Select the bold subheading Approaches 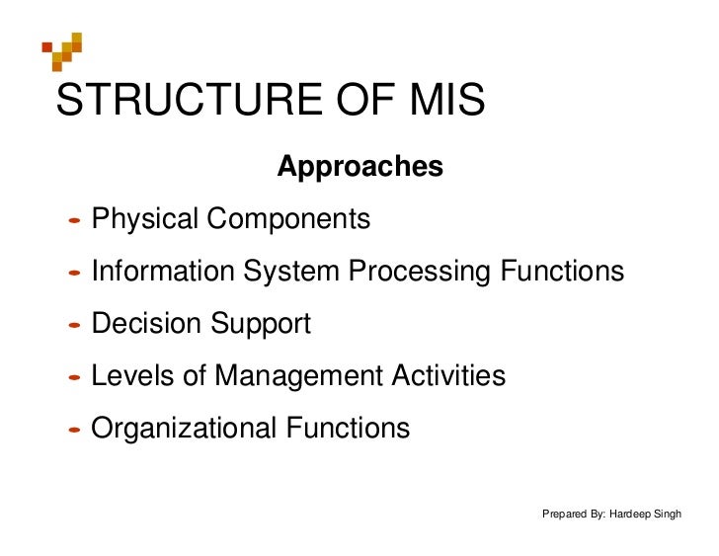point(359,168)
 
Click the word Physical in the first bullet point(144,219)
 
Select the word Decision point(147,324)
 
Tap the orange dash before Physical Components point(74,220)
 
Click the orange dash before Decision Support point(74,325)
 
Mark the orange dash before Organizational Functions point(74,430)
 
